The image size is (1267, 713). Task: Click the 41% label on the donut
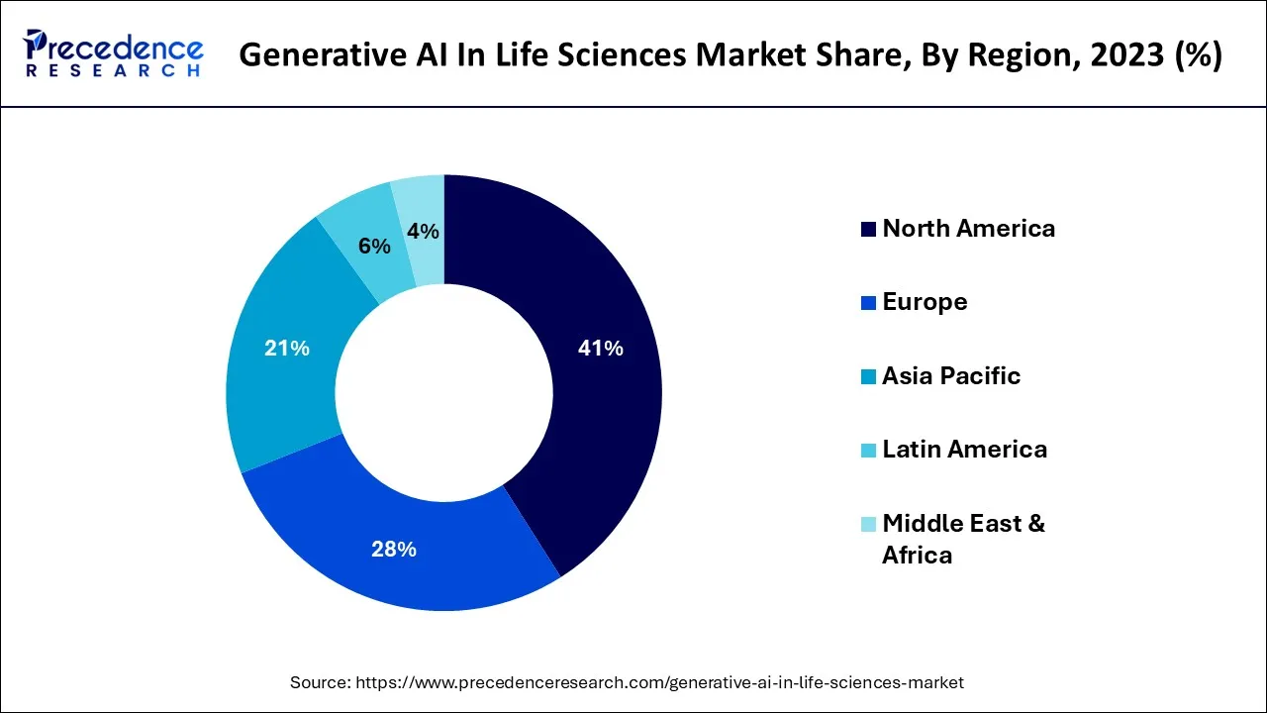600,349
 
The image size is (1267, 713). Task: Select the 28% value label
393,549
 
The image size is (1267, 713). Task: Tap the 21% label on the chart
287,349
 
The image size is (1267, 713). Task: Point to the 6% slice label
374,247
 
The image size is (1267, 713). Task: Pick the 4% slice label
423,231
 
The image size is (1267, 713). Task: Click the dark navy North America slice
604,416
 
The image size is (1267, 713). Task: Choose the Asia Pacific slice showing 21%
277,396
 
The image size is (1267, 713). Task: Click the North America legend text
968,229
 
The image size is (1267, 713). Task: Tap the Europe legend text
925,302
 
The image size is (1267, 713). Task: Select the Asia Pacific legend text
950,376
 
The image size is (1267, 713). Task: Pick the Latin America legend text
964,450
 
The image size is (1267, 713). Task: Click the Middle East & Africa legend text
962,538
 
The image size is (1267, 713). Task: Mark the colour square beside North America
868,230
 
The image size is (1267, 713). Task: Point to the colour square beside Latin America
868,451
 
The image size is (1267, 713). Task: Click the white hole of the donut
444,393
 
